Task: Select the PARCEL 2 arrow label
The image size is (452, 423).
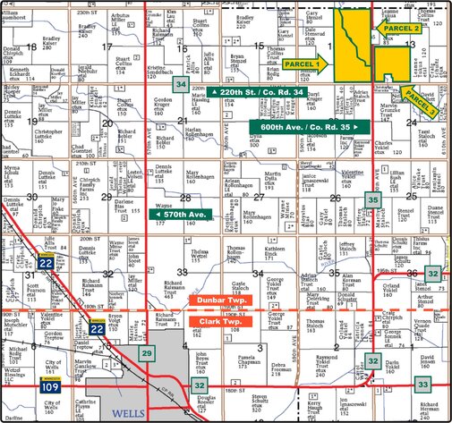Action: click(401, 28)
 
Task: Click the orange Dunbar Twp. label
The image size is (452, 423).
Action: click(220, 302)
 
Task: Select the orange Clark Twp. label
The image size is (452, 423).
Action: click(220, 319)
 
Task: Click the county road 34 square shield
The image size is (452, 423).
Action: click(182, 85)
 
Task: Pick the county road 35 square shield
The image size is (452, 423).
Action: click(373, 200)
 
